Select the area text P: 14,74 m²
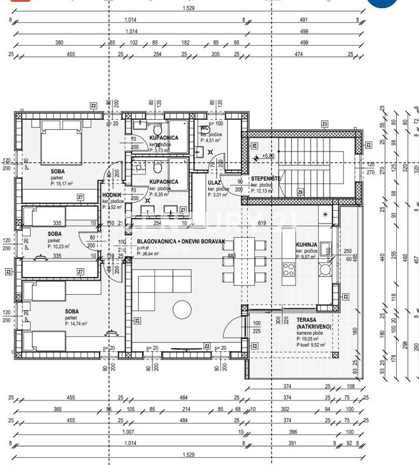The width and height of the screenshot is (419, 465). point(76,324)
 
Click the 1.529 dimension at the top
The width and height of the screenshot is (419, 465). point(188,8)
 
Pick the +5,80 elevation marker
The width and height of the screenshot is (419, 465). point(267,156)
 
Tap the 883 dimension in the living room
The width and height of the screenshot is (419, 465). point(232,255)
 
